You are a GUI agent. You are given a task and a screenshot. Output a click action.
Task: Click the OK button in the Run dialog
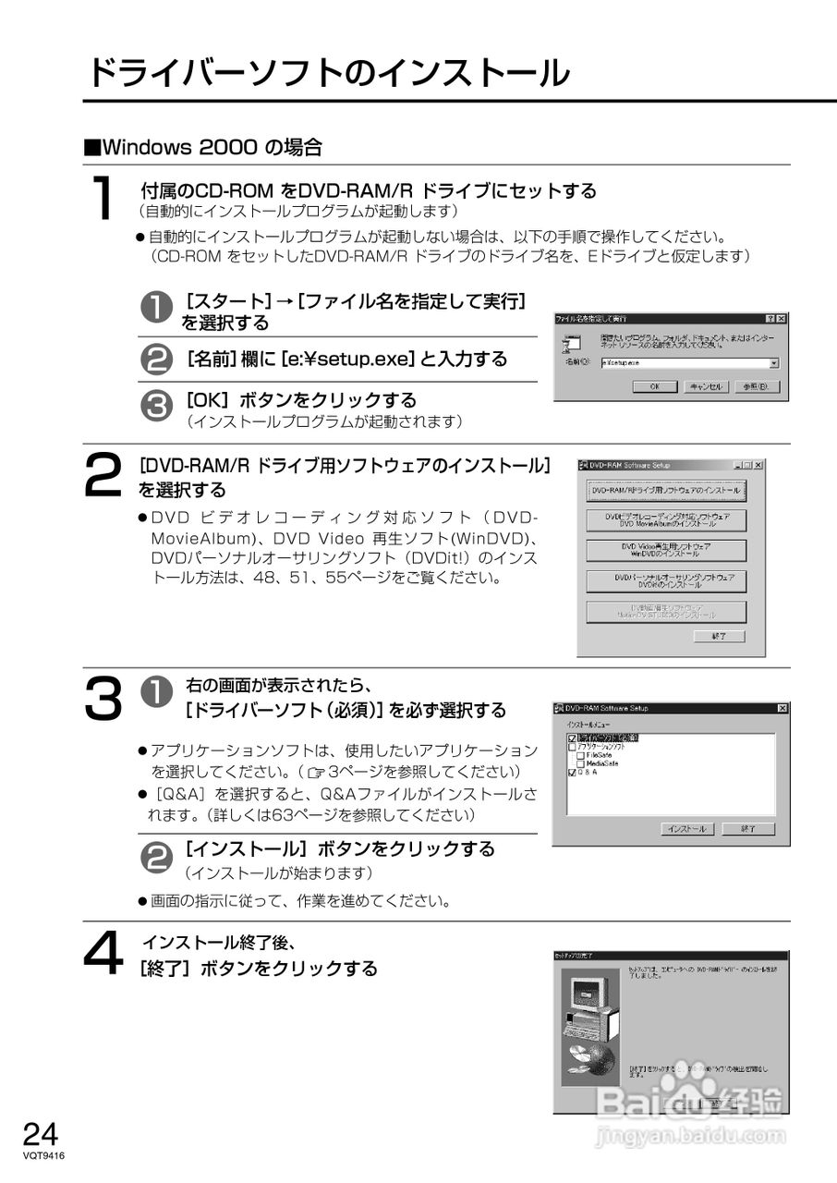click(654, 386)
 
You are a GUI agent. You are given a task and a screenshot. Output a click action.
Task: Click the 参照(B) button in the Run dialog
click(755, 386)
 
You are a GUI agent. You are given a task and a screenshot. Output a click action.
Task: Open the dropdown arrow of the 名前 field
click(773, 364)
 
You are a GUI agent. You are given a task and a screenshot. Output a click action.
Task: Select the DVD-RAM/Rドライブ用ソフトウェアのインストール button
click(666, 490)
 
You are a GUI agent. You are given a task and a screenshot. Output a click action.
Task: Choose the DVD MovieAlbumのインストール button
click(666, 520)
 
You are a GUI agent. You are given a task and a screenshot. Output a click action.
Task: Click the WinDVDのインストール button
click(666, 551)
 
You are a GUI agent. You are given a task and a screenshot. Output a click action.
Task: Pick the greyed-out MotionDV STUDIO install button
click(666, 612)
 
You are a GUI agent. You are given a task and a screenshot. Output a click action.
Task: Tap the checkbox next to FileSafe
click(580, 755)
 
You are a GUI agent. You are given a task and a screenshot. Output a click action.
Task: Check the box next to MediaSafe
click(580, 763)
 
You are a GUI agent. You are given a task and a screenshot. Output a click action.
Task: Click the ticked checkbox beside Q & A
click(572, 773)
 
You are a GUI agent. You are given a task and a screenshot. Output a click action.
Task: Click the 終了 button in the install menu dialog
click(748, 829)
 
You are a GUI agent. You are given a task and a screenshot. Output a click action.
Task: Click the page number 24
click(41, 1133)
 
